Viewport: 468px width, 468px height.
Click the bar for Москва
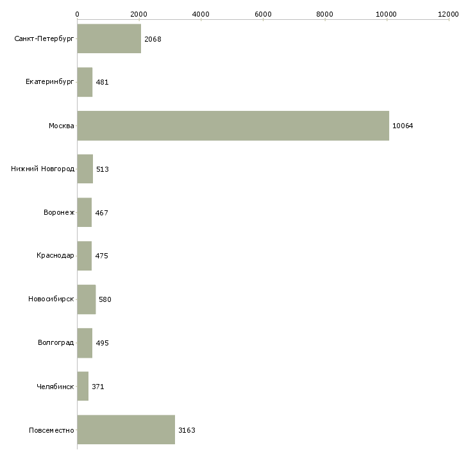coord(233,126)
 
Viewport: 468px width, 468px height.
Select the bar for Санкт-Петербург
coord(109,39)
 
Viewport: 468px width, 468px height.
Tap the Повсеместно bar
coord(126,430)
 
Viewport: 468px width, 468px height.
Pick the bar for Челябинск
coord(83,387)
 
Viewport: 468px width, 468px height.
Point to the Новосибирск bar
coord(86,299)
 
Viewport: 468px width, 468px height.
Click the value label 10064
coord(403,126)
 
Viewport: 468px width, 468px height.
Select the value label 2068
coord(153,39)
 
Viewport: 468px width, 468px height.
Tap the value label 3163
coord(187,430)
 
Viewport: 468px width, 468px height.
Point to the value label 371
coord(97,387)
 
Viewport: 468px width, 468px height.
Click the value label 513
coord(102,169)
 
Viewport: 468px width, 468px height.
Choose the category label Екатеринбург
coord(50,82)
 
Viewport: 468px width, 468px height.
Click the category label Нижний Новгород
coord(43,169)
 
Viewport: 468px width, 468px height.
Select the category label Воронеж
coord(59,213)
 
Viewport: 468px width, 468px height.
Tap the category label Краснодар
coord(55,256)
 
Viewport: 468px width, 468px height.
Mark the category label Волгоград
coord(56,343)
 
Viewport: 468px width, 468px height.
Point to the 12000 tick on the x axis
coord(448,13)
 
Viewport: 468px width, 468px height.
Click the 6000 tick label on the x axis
coord(263,13)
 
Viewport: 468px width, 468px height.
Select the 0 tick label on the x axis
coord(77,13)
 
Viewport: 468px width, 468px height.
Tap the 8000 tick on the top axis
coord(324,13)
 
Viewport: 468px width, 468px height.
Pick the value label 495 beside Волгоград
coord(102,343)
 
